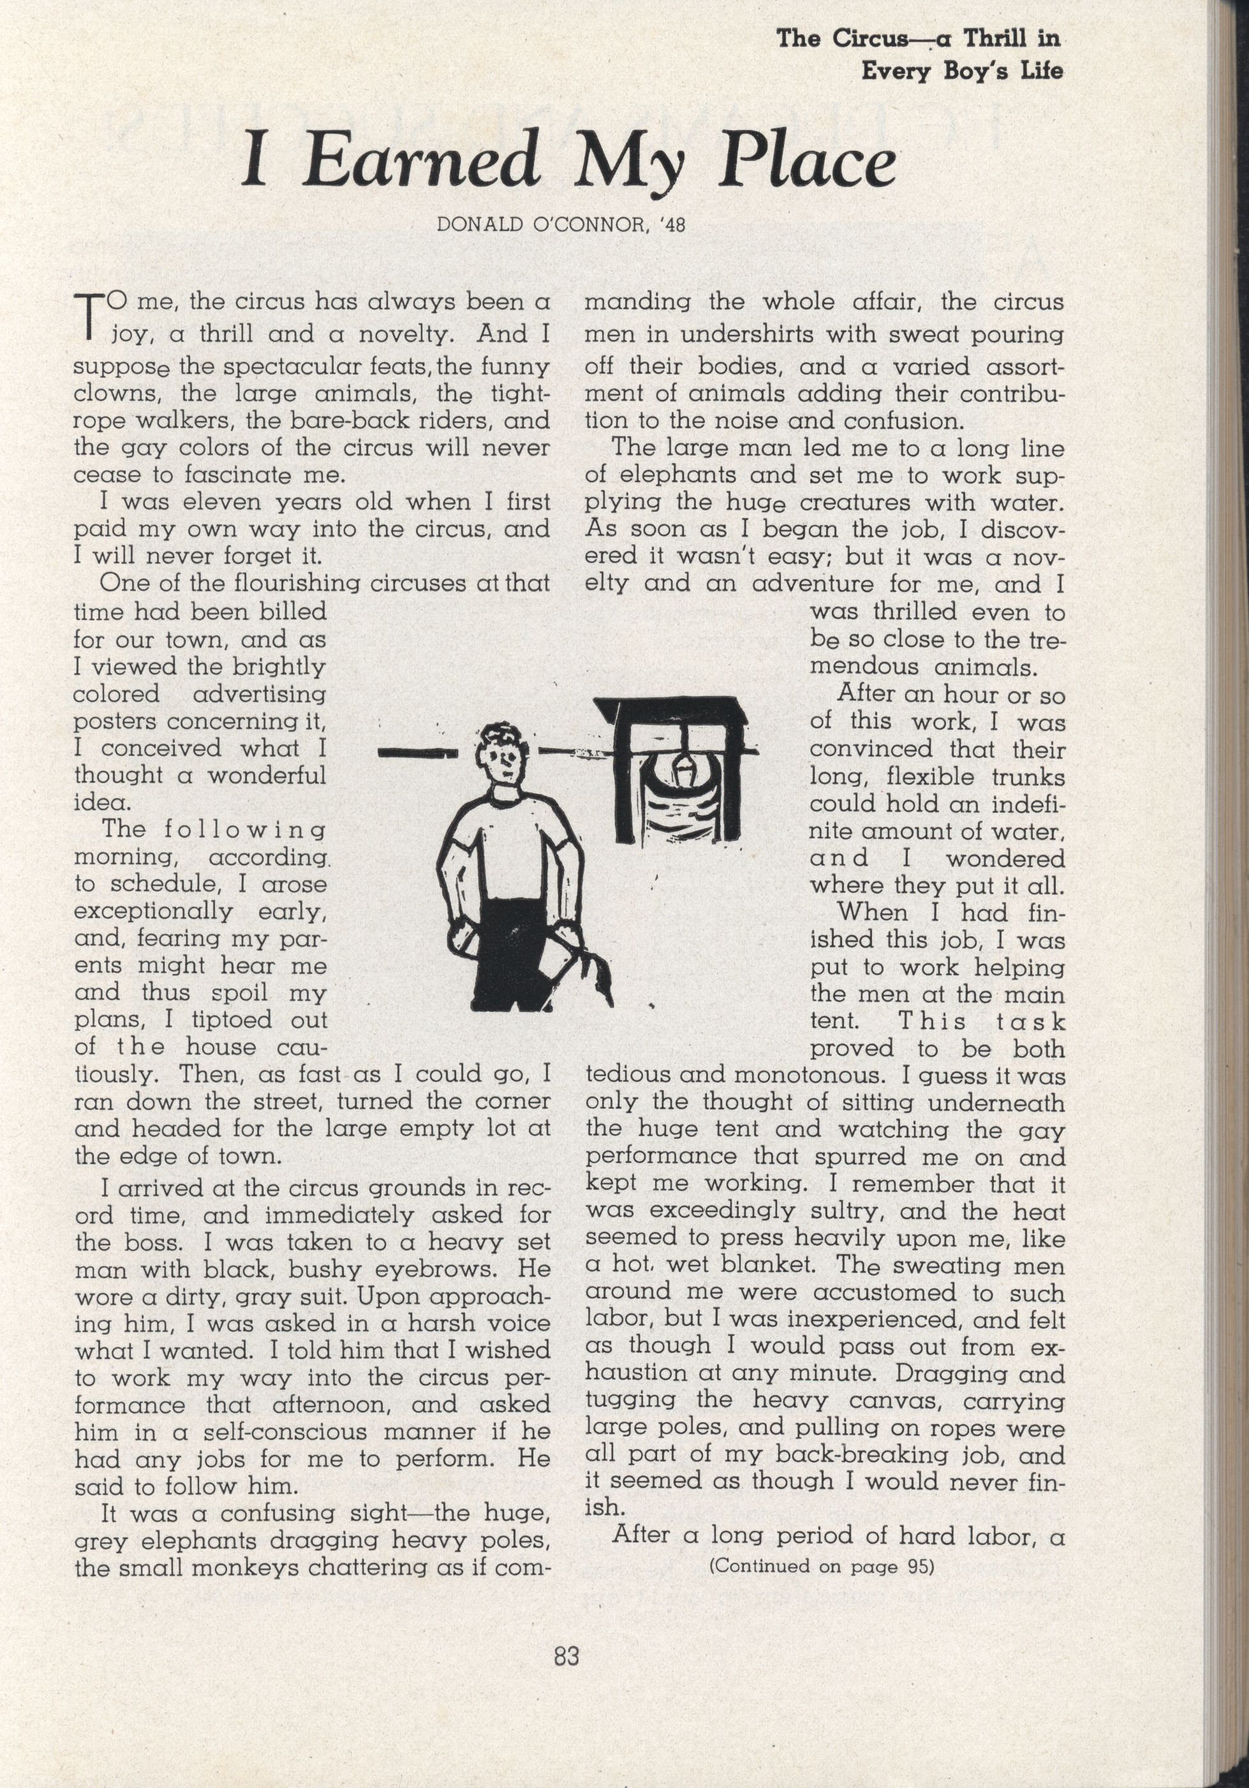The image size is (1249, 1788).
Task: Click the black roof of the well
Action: tap(670, 710)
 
